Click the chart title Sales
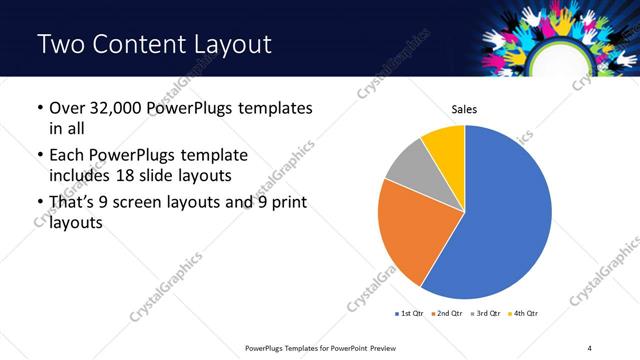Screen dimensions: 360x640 (x=464, y=107)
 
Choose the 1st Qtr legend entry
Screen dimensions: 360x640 (x=410, y=314)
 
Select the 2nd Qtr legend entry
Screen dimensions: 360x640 (x=448, y=314)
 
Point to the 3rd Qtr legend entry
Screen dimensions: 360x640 (x=486, y=314)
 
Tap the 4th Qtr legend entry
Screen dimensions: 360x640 (x=524, y=314)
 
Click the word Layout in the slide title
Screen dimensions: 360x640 (x=226, y=44)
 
